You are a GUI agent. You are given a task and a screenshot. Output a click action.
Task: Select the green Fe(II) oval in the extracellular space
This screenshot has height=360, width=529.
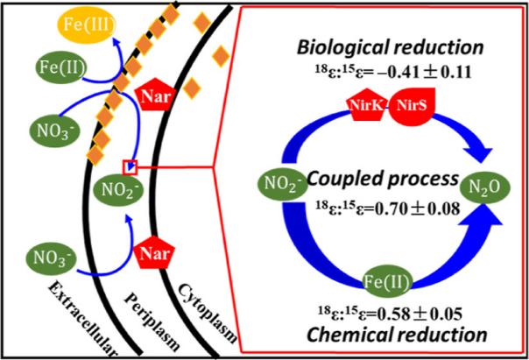tap(62, 67)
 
